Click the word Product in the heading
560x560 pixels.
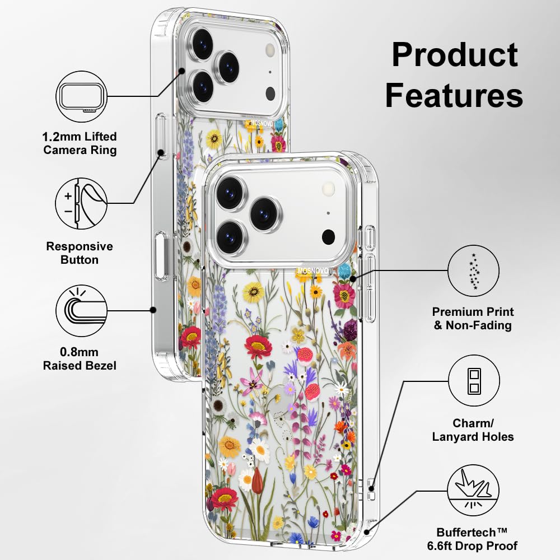click(x=454, y=56)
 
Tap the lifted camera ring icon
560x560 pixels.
click(x=81, y=96)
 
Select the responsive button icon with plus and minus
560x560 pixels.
click(x=81, y=203)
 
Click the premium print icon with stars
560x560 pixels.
click(x=473, y=271)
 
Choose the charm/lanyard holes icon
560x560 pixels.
click(x=473, y=381)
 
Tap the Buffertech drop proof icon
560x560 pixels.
click(x=473, y=491)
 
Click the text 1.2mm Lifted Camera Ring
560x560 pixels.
click(x=80, y=143)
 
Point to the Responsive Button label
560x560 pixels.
click(x=80, y=253)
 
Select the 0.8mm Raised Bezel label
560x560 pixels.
click(x=80, y=359)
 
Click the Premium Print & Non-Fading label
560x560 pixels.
click(x=473, y=318)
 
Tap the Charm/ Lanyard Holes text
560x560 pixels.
click(x=473, y=430)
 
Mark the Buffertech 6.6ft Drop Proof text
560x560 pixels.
click(x=477, y=539)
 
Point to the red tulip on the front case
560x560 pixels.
click(x=257, y=480)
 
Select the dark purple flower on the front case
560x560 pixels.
click(x=350, y=330)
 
